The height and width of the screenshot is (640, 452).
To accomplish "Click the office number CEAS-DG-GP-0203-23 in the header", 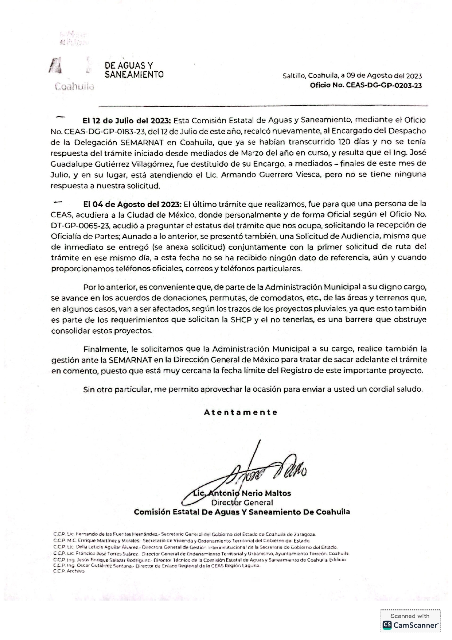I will point(366,86).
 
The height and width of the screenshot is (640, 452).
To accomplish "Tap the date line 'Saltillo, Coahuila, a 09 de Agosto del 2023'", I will point(352,76).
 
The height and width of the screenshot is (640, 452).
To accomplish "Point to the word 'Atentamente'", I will point(241,412).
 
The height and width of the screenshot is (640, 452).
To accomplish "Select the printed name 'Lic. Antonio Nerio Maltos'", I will point(242,493).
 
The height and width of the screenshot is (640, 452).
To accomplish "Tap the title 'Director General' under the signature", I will point(242,503).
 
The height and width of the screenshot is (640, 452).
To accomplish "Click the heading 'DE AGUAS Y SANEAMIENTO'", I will point(134,70).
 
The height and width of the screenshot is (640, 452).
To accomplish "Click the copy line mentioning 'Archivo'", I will point(69,571).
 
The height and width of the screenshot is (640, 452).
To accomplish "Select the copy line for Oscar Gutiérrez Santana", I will point(157,565).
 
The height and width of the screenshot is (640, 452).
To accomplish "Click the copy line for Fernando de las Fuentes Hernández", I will point(184,534).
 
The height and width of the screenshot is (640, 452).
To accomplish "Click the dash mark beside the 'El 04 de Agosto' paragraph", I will point(58,202).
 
